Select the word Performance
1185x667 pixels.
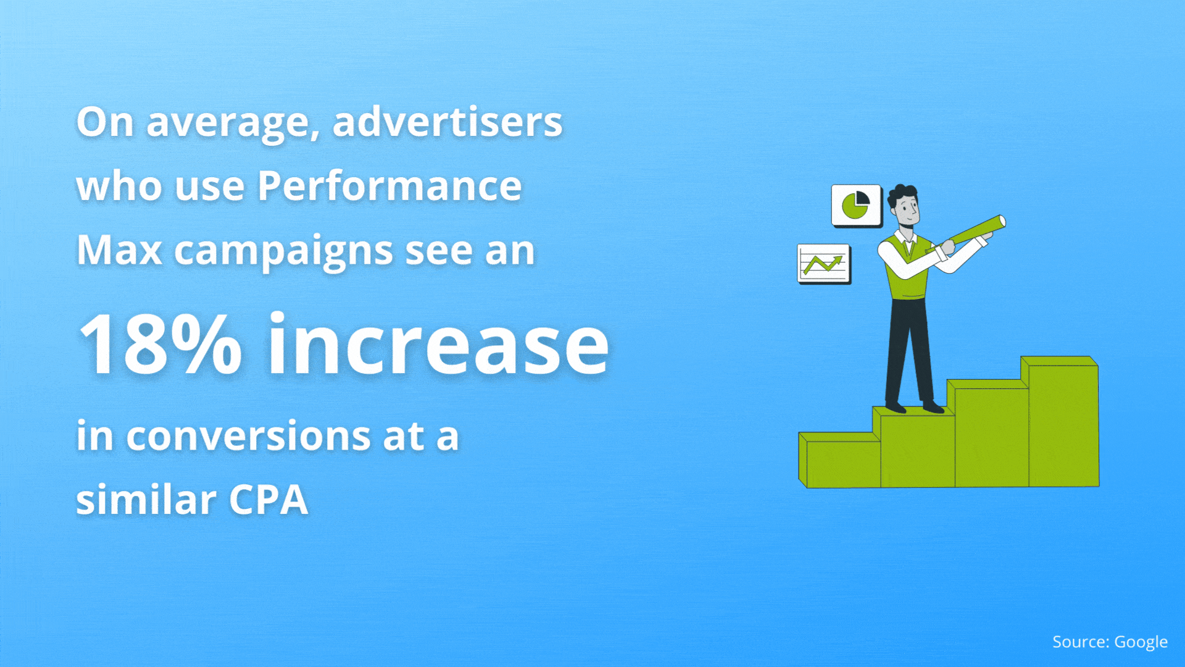(x=389, y=186)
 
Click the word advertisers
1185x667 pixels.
(x=447, y=122)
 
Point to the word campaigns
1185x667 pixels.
(x=283, y=252)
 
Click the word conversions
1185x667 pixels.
(x=249, y=436)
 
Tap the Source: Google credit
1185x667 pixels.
(x=1110, y=642)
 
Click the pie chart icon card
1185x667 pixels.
(x=856, y=206)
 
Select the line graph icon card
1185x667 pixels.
(x=824, y=264)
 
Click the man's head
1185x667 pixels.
(x=904, y=207)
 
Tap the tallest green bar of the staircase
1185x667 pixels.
(x=1060, y=422)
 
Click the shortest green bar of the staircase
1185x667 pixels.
(x=839, y=460)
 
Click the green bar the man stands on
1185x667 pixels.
(x=914, y=447)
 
